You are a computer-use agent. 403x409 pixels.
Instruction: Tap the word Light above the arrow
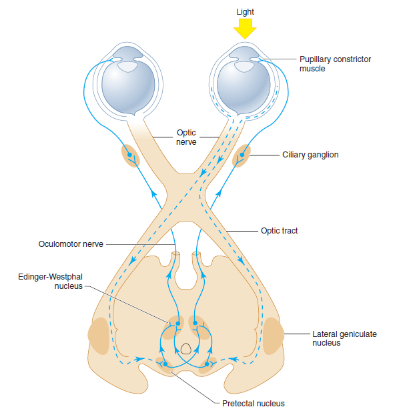245,12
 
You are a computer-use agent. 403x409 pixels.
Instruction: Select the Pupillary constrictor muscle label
335,64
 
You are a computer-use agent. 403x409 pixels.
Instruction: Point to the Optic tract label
279,231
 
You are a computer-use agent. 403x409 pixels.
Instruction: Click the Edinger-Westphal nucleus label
45,281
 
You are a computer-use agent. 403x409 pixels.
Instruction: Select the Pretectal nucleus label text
253,402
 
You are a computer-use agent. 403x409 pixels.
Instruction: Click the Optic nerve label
186,137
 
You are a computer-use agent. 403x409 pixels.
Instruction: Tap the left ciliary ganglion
129,155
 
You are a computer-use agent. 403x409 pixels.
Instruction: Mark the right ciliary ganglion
241,156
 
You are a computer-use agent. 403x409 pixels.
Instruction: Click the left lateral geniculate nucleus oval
99,335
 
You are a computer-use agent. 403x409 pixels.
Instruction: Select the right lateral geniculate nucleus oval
273,335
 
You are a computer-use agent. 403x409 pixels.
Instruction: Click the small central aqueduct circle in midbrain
187,348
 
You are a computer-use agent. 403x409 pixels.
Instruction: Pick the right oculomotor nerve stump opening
197,256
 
